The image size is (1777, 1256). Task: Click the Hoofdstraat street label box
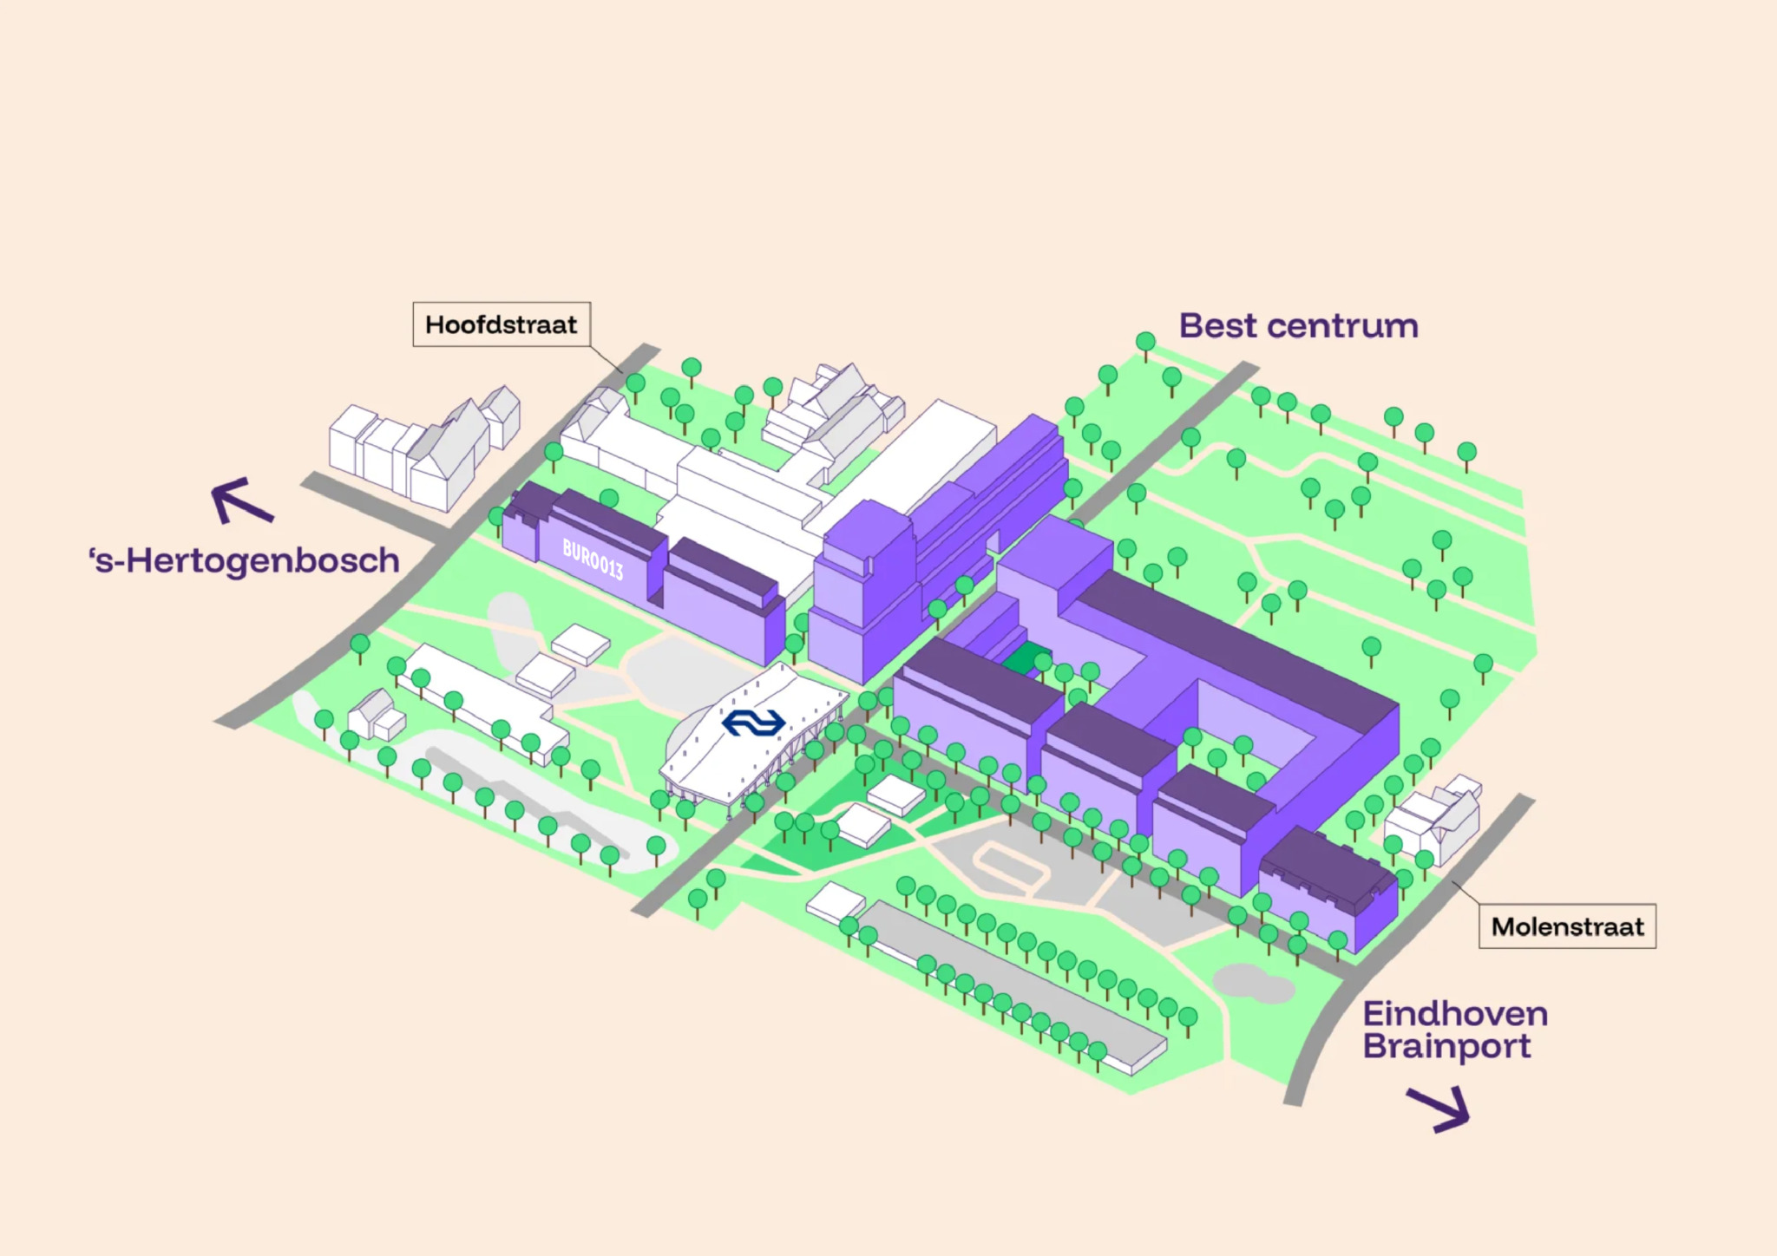pyautogui.click(x=502, y=324)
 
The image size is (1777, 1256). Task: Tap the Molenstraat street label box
pyautogui.click(x=1567, y=926)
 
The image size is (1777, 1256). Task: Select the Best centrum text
pyautogui.click(x=1299, y=326)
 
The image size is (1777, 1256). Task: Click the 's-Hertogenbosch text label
pyautogui.click(x=244, y=560)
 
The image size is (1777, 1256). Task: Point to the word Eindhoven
pyautogui.click(x=1455, y=1013)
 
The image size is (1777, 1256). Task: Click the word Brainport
pyautogui.click(x=1446, y=1047)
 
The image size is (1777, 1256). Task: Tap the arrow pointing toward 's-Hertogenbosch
pyautogui.click(x=242, y=500)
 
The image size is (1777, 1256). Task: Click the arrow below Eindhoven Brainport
pyautogui.click(x=1439, y=1109)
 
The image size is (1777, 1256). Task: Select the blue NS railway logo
pyautogui.click(x=753, y=722)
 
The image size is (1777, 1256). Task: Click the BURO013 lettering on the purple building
pyautogui.click(x=593, y=559)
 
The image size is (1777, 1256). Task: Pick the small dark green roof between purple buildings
pyautogui.click(x=1026, y=658)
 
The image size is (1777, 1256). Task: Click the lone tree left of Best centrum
pyautogui.click(x=1145, y=345)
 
